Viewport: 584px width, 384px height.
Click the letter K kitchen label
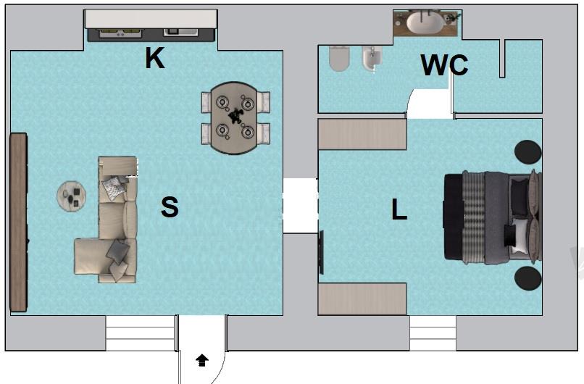point(154,58)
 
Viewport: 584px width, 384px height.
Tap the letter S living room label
point(170,207)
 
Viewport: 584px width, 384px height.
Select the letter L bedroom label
point(399,209)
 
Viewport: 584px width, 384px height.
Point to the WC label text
point(444,64)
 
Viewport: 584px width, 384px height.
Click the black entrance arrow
point(202,360)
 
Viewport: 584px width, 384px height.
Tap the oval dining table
point(234,118)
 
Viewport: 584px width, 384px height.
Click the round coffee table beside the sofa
point(72,196)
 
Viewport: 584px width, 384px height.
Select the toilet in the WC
point(340,59)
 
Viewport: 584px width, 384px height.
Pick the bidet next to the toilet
point(372,59)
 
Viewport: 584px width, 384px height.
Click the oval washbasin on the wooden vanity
point(425,22)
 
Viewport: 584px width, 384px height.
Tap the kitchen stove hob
point(120,33)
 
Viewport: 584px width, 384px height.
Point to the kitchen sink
point(180,33)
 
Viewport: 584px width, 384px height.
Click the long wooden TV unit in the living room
point(18,222)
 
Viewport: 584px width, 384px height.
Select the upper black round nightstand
point(527,152)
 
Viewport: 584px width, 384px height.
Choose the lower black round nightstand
point(527,278)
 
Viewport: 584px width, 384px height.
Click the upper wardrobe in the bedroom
point(362,135)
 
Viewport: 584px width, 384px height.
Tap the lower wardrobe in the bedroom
point(362,299)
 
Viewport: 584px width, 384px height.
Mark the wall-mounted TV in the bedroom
point(321,252)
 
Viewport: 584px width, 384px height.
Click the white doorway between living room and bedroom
point(301,206)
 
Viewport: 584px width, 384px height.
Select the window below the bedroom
point(433,333)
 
